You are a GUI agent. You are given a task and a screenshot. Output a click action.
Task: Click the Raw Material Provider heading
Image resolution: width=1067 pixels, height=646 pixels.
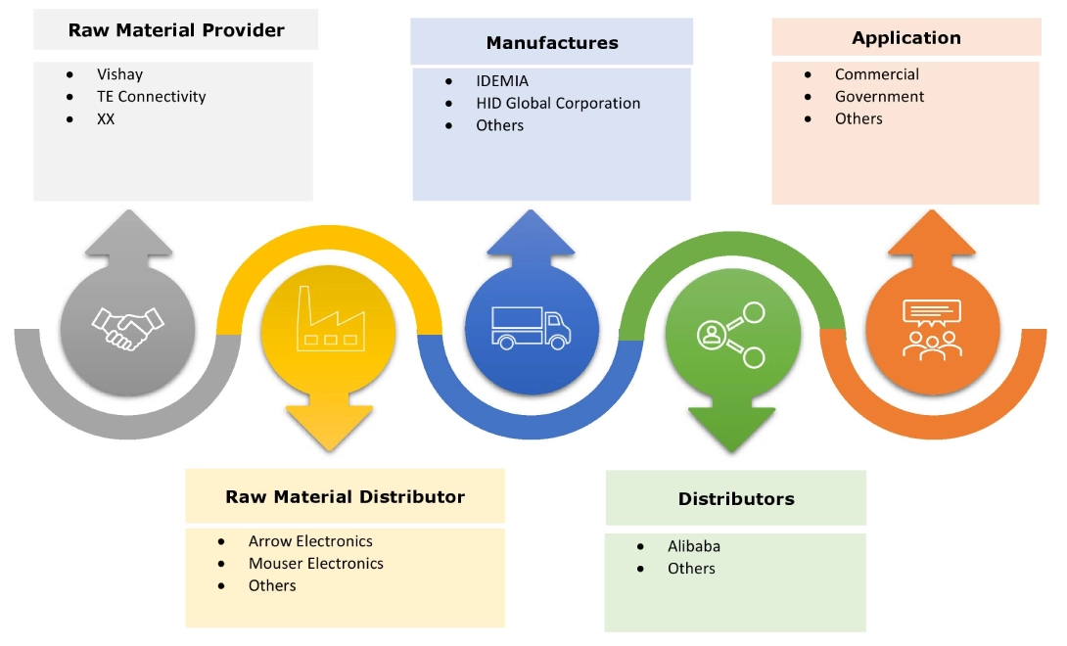pos(176,30)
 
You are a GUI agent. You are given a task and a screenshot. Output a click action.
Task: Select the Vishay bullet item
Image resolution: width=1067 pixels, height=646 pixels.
pos(119,73)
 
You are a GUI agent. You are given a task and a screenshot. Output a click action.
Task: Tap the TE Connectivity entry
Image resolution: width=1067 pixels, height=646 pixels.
pos(151,96)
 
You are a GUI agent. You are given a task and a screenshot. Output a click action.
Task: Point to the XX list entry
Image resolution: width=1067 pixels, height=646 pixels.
pos(106,118)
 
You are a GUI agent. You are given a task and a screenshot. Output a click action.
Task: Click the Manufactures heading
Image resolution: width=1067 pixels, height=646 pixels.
pos(552,42)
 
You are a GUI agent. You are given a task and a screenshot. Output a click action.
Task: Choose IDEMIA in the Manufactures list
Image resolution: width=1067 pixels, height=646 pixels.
pos(502,81)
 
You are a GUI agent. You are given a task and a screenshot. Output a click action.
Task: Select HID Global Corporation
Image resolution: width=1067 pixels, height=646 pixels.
pos(558,103)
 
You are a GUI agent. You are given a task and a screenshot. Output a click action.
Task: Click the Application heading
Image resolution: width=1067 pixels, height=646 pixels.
pos(906,38)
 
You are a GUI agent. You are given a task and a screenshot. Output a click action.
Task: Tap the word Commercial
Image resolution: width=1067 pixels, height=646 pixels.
pos(876,74)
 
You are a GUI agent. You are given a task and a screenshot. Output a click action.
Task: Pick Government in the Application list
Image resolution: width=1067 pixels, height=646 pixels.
pos(879,96)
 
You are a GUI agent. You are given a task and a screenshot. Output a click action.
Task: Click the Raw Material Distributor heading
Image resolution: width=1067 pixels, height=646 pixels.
pos(345,496)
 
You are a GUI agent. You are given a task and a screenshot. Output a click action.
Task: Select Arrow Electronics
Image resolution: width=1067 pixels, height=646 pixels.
pos(310,541)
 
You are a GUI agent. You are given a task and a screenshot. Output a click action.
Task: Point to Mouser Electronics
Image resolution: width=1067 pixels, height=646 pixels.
pos(315,563)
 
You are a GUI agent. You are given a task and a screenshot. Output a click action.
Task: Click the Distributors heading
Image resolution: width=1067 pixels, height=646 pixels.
pos(736,498)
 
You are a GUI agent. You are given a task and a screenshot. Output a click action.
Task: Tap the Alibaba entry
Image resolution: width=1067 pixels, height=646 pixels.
pos(693,546)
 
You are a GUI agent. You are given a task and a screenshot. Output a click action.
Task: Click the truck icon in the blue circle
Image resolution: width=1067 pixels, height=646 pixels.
pos(532,327)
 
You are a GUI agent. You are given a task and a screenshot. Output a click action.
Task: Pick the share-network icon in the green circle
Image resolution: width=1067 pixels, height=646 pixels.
pos(731,334)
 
